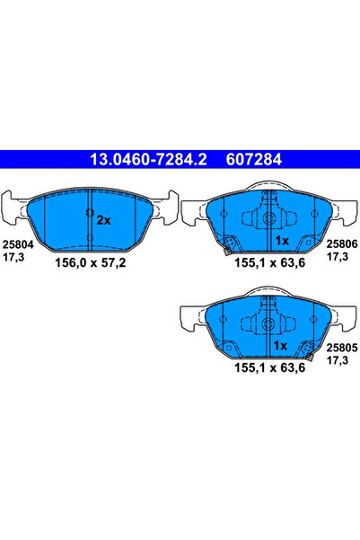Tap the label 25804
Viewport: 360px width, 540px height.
14,243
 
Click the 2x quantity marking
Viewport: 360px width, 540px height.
102,219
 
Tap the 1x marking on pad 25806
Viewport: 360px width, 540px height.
280,241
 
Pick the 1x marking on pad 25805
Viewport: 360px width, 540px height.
280,345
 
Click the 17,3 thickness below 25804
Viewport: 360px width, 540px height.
13,256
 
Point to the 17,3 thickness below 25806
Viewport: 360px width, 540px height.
336,256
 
